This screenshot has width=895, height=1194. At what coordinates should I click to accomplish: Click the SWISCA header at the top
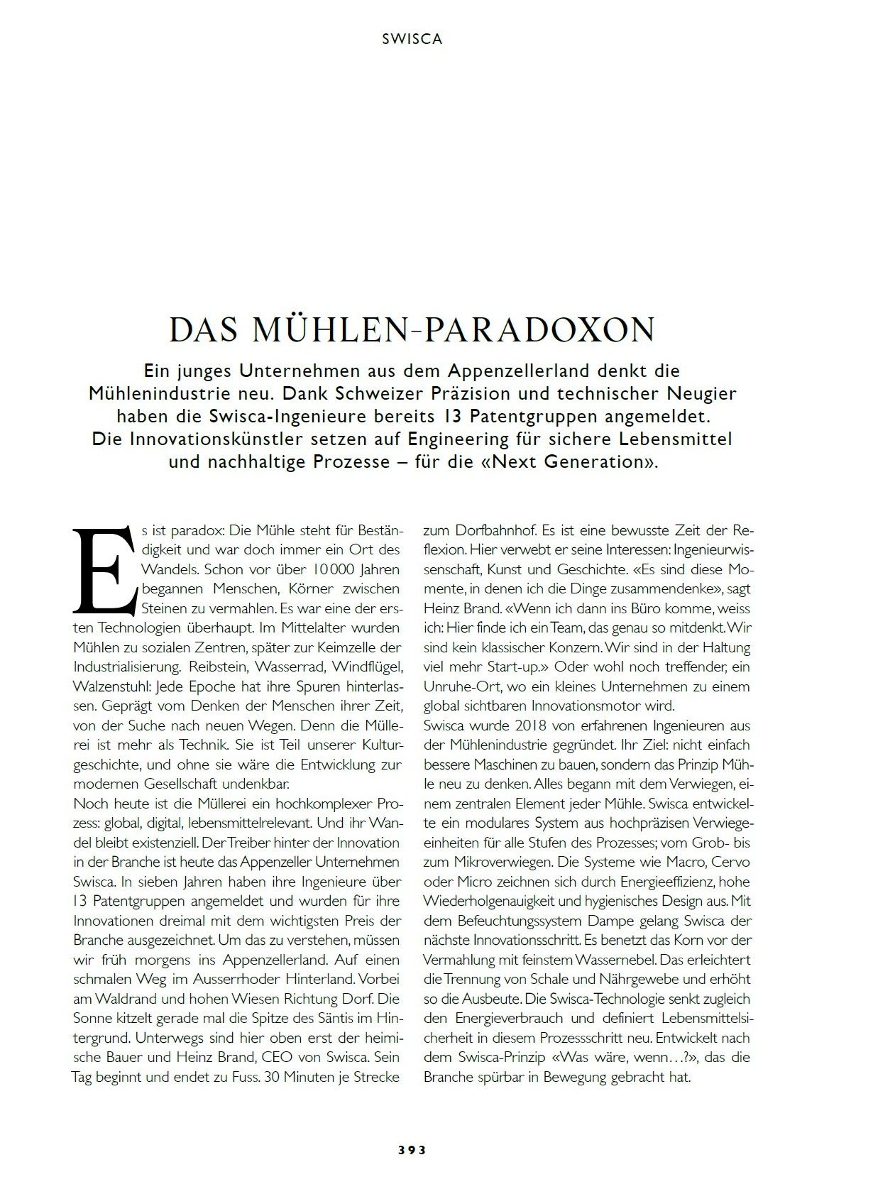pos(412,40)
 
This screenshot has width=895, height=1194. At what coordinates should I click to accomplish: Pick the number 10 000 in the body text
pos(334,569)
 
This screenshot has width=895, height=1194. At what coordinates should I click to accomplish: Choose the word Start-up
pos(520,667)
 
